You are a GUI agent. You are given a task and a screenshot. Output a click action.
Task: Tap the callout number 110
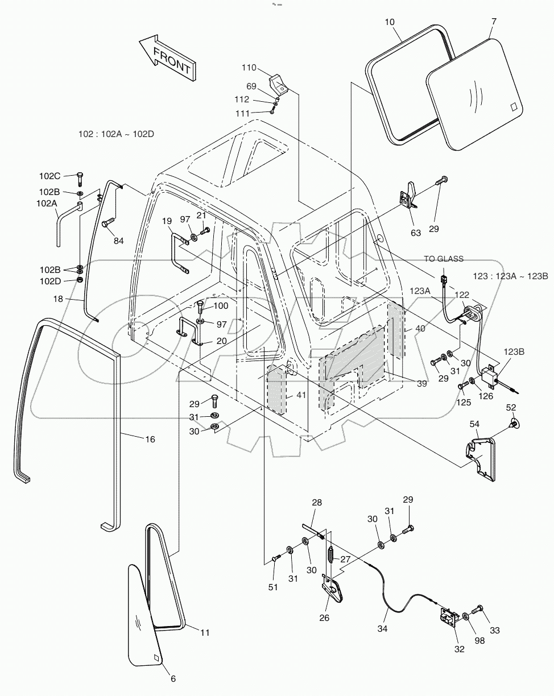click(249, 68)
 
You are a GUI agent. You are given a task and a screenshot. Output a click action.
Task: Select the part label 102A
click(47, 202)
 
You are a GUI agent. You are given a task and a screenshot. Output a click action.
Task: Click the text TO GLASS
click(444, 259)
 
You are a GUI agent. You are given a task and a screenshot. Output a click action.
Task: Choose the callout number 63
click(416, 233)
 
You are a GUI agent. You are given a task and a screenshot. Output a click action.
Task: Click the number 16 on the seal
click(150, 439)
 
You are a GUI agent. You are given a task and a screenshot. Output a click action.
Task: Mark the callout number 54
click(474, 424)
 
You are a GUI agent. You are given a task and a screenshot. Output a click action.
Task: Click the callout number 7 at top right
click(493, 22)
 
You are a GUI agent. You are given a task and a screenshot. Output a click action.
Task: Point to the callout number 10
click(389, 22)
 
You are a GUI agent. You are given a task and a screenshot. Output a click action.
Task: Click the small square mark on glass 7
click(513, 106)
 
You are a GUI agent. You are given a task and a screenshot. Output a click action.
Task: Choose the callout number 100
click(221, 306)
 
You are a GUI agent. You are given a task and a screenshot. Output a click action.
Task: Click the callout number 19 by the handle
click(166, 221)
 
